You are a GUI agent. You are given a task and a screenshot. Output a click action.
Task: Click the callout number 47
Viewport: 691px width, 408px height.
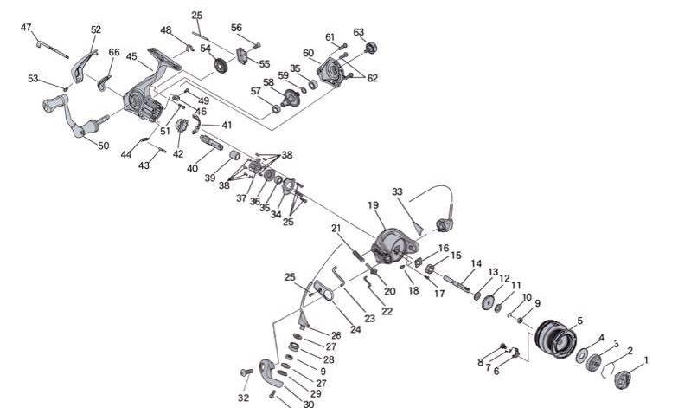point(26,28)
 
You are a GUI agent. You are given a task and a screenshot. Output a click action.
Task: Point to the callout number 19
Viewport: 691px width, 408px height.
point(374,206)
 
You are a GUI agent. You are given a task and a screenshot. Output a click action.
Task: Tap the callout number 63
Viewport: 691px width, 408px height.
point(359,32)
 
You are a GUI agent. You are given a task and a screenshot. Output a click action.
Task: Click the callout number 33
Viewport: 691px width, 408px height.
point(397,191)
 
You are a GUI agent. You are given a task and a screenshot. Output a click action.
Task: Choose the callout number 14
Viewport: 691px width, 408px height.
point(476,263)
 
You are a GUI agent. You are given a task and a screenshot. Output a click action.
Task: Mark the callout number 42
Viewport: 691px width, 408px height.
point(178,154)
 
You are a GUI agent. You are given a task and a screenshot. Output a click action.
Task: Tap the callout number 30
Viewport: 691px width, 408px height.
point(308,404)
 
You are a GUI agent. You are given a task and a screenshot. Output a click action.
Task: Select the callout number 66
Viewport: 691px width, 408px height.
point(114,52)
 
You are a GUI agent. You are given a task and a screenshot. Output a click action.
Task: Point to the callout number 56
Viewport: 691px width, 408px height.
point(236,27)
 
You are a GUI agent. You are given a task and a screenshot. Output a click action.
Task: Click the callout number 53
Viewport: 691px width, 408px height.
point(33,79)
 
